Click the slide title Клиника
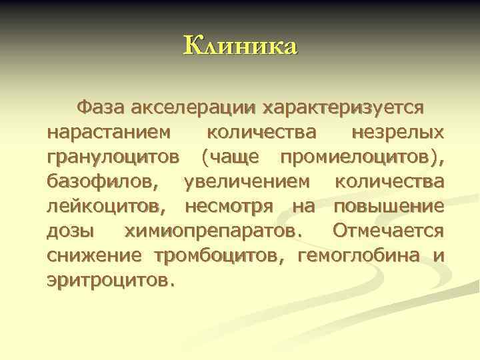coord(240,46)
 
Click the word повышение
coord(389,207)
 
